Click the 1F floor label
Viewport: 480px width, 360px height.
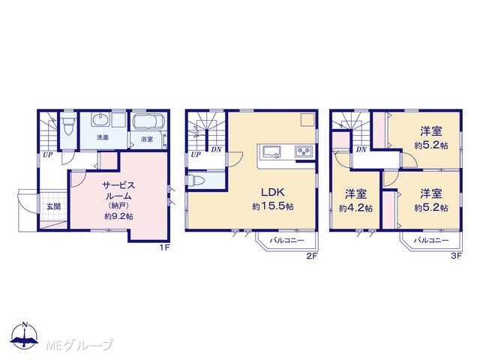pos(164,248)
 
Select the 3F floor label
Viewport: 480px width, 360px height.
pos(457,256)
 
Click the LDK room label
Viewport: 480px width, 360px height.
pos(273,192)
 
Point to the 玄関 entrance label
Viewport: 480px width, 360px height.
pos(53,207)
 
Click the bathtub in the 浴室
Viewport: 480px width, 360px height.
pos(148,121)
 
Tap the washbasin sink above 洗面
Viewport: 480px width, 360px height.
pos(100,119)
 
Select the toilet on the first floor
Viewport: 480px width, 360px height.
pos(67,126)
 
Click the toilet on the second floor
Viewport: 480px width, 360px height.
pos(196,180)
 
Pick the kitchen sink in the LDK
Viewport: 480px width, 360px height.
pos(271,151)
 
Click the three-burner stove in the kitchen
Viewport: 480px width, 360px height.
pos(303,151)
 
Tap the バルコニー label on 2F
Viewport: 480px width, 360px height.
pos(286,241)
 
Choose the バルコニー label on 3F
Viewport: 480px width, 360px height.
pos(431,241)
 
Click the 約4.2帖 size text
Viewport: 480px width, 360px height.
pos(355,208)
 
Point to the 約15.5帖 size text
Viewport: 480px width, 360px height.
pos(273,207)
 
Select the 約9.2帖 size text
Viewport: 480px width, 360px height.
pos(118,217)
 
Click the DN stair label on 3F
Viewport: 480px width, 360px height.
pos(361,150)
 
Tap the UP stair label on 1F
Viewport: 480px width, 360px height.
pos(47,155)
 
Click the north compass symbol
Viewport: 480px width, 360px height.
pos(25,335)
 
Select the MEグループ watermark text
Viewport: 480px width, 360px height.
pos(80,345)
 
